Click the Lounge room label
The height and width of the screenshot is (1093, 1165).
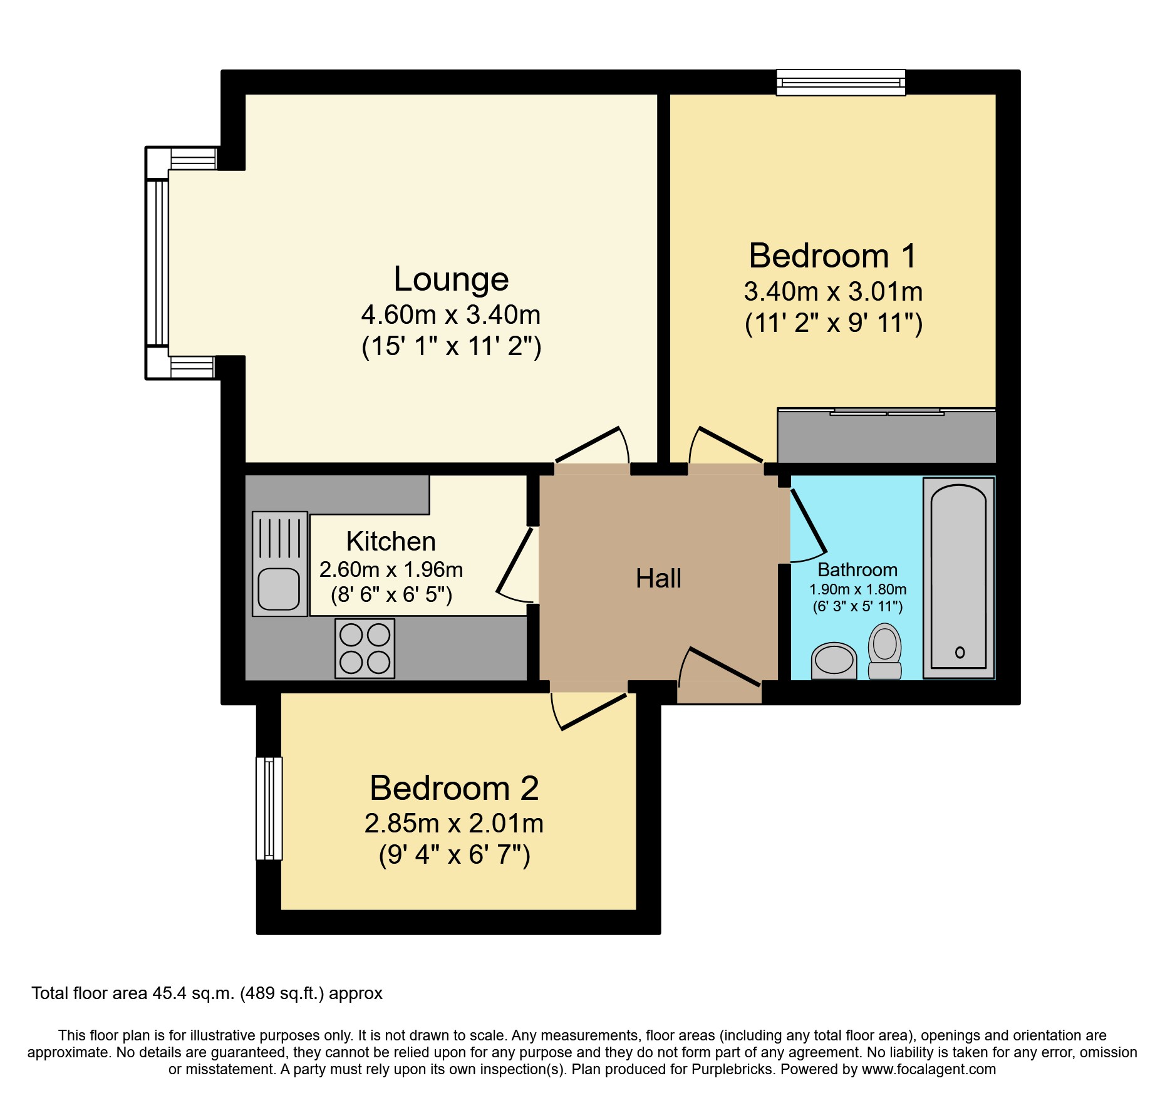tap(451, 279)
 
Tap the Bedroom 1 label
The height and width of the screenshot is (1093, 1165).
tap(832, 256)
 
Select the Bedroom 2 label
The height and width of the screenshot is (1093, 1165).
tap(454, 788)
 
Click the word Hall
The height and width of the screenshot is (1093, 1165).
tap(658, 579)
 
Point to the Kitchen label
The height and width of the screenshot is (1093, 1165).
tap(391, 542)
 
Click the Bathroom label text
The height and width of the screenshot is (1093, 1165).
tap(857, 570)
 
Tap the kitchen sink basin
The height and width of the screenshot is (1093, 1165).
tap(279, 589)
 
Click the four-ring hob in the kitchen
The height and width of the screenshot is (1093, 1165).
tap(365, 648)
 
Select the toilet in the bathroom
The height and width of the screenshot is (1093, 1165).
tap(884, 650)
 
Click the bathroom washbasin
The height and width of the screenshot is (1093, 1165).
tap(834, 660)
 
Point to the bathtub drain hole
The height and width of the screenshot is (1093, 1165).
tap(960, 653)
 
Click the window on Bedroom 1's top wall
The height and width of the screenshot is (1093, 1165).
tap(841, 82)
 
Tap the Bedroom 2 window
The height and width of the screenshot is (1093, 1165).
tap(269, 808)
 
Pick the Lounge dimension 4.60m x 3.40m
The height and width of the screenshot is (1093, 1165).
tap(451, 314)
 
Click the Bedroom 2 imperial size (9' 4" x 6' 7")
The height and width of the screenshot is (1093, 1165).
tap(454, 854)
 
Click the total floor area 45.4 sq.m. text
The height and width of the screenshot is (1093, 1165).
tap(207, 993)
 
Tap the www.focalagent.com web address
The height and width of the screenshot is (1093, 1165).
tap(928, 1069)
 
